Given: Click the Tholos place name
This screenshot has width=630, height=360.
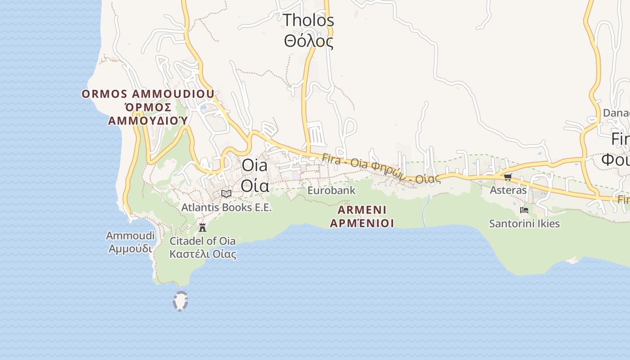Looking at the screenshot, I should pyautogui.click(x=309, y=20).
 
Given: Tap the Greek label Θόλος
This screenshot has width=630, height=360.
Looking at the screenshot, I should pyautogui.click(x=309, y=41).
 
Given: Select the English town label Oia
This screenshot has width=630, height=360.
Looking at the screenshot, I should pyautogui.click(x=254, y=165).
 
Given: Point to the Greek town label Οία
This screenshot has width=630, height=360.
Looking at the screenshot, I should pyautogui.click(x=255, y=185).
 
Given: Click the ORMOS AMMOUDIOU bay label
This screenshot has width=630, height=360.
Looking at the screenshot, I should pyautogui.click(x=148, y=94).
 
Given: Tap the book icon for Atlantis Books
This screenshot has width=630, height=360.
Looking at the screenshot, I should pyautogui.click(x=226, y=193).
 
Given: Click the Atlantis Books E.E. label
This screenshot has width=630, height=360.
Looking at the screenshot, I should pyautogui.click(x=226, y=207).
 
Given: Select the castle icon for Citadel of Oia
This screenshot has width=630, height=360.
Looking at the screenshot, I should pyautogui.click(x=202, y=227).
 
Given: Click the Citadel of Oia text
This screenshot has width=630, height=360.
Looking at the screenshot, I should pyautogui.click(x=202, y=241).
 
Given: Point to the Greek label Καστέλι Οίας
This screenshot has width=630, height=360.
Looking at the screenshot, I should pyautogui.click(x=202, y=254).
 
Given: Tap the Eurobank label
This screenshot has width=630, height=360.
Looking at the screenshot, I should pyautogui.click(x=331, y=190).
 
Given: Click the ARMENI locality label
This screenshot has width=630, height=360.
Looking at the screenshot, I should pyautogui.click(x=362, y=210).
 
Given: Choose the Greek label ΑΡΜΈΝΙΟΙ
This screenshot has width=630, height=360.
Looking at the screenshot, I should pyautogui.click(x=362, y=223).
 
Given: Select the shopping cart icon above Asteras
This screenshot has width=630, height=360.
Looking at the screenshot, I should pyautogui.click(x=508, y=177).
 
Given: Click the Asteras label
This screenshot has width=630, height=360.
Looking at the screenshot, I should pyautogui.click(x=508, y=190).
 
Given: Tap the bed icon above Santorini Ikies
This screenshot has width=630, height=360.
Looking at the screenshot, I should pyautogui.click(x=524, y=210).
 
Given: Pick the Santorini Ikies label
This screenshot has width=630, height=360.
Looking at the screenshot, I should pyautogui.click(x=524, y=224).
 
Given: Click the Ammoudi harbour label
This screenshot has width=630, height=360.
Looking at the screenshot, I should pyautogui.click(x=130, y=236).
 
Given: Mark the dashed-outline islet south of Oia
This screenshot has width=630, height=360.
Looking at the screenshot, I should pyautogui.click(x=180, y=301).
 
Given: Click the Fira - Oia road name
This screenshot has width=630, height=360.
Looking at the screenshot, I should pyautogui.click(x=381, y=168).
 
